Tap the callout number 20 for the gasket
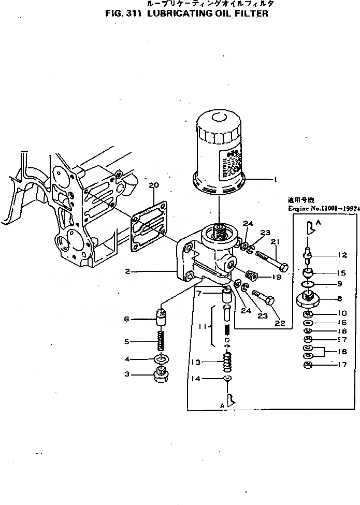153,185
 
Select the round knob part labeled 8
308,299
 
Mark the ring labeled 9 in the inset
309,284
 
